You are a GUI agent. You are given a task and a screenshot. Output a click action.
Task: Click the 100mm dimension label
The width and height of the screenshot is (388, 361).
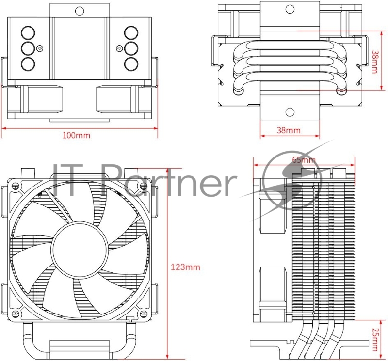(x=76, y=136)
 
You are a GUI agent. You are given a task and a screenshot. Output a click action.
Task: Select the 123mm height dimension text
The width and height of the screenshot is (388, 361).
(x=185, y=267)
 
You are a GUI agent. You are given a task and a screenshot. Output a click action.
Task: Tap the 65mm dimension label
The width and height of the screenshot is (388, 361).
(x=304, y=160)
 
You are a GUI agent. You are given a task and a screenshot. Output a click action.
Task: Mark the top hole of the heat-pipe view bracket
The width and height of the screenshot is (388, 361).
(x=290, y=9)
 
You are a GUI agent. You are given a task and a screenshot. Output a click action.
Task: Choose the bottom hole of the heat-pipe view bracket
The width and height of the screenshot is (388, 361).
(x=290, y=112)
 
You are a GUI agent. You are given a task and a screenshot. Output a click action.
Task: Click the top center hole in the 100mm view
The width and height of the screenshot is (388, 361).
(x=79, y=9)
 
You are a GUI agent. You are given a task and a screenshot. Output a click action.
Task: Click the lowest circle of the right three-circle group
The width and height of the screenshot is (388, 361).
(x=131, y=63)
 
